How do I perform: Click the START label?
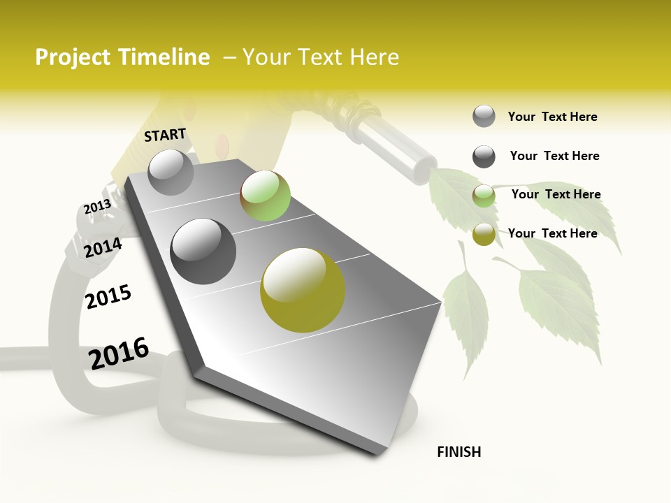point(165,135)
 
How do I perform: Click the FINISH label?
point(459,452)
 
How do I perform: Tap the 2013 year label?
point(97,207)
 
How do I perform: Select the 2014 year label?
point(103,247)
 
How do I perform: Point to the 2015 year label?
point(108,297)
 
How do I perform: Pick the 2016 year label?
point(119,353)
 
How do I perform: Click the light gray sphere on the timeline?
point(171,172)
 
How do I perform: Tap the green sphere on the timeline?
point(265,196)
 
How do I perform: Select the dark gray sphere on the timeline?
point(203,251)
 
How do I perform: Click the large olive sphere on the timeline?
point(303,290)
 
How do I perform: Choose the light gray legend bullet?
point(484,117)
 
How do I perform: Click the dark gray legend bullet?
point(484,156)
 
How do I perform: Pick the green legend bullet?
point(484,196)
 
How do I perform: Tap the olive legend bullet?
point(484,235)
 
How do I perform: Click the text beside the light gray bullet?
point(552,117)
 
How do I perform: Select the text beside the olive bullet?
point(552,233)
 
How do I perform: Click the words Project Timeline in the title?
point(122,57)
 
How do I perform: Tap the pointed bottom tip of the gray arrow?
point(378,453)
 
